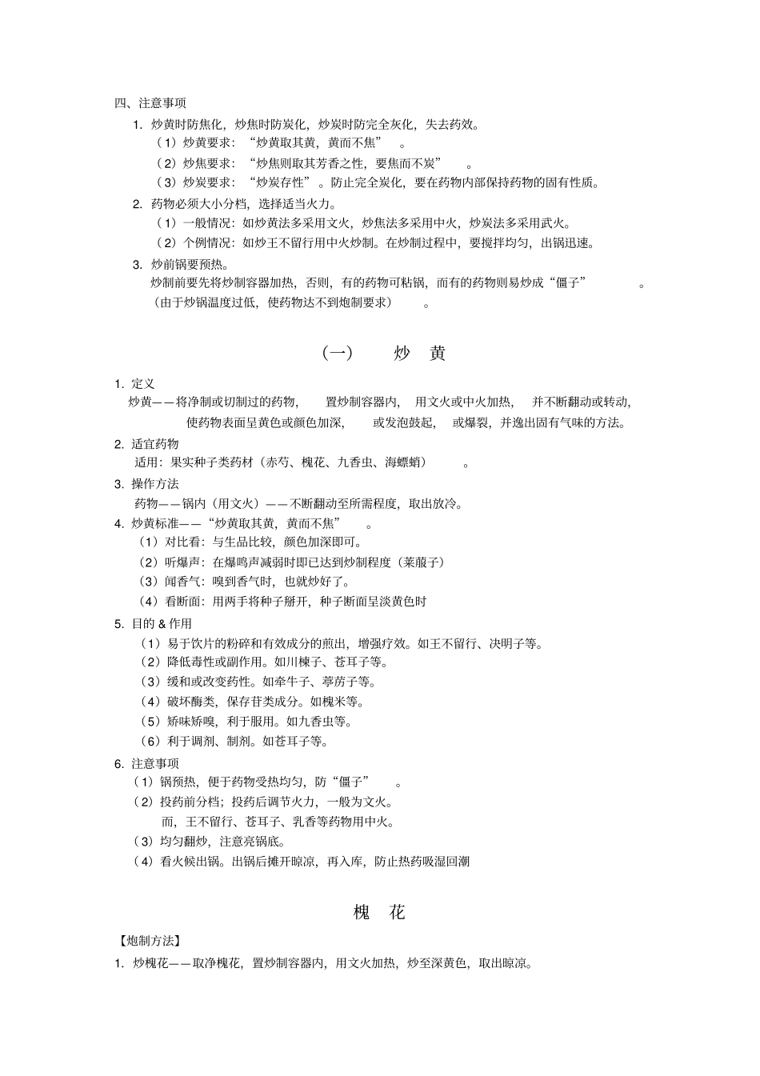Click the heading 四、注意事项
150,103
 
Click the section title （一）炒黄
383,353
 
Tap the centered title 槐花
379,912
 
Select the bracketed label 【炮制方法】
148,941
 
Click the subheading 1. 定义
134,384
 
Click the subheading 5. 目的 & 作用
153,624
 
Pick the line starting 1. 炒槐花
324,963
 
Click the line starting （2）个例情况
375,243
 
